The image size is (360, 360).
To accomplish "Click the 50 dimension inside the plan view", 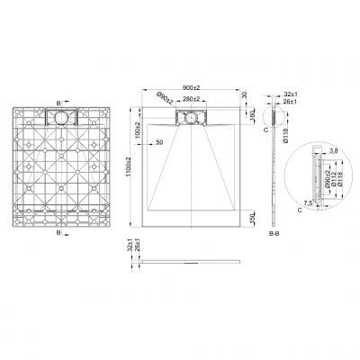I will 159,142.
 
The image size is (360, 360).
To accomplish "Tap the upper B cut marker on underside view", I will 59,103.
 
